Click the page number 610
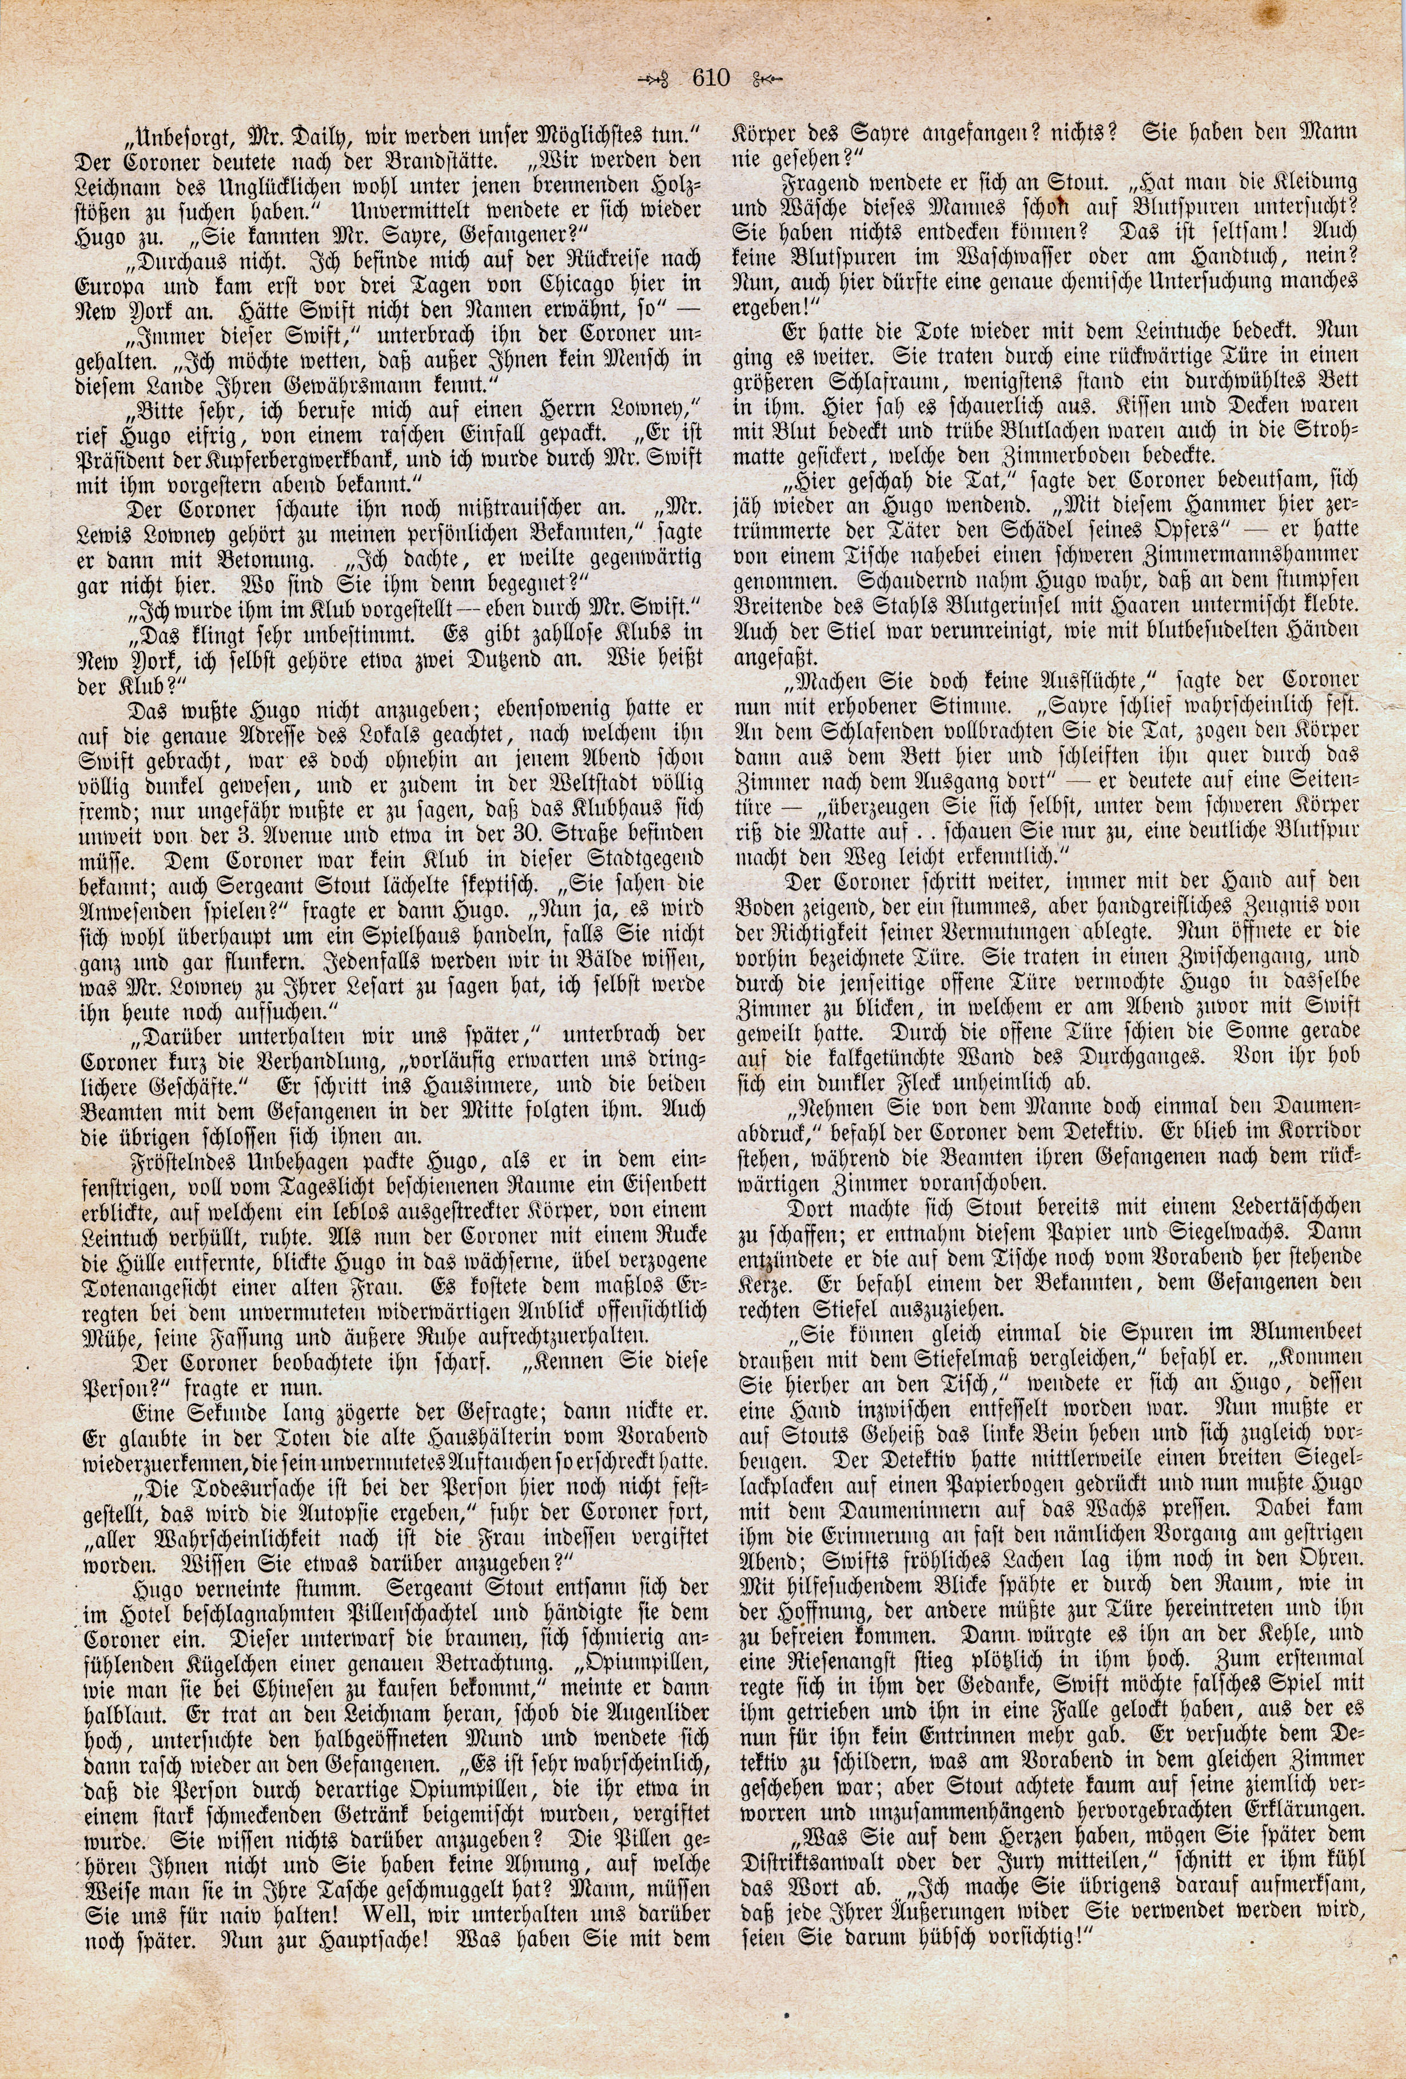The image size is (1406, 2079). coord(711,79)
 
